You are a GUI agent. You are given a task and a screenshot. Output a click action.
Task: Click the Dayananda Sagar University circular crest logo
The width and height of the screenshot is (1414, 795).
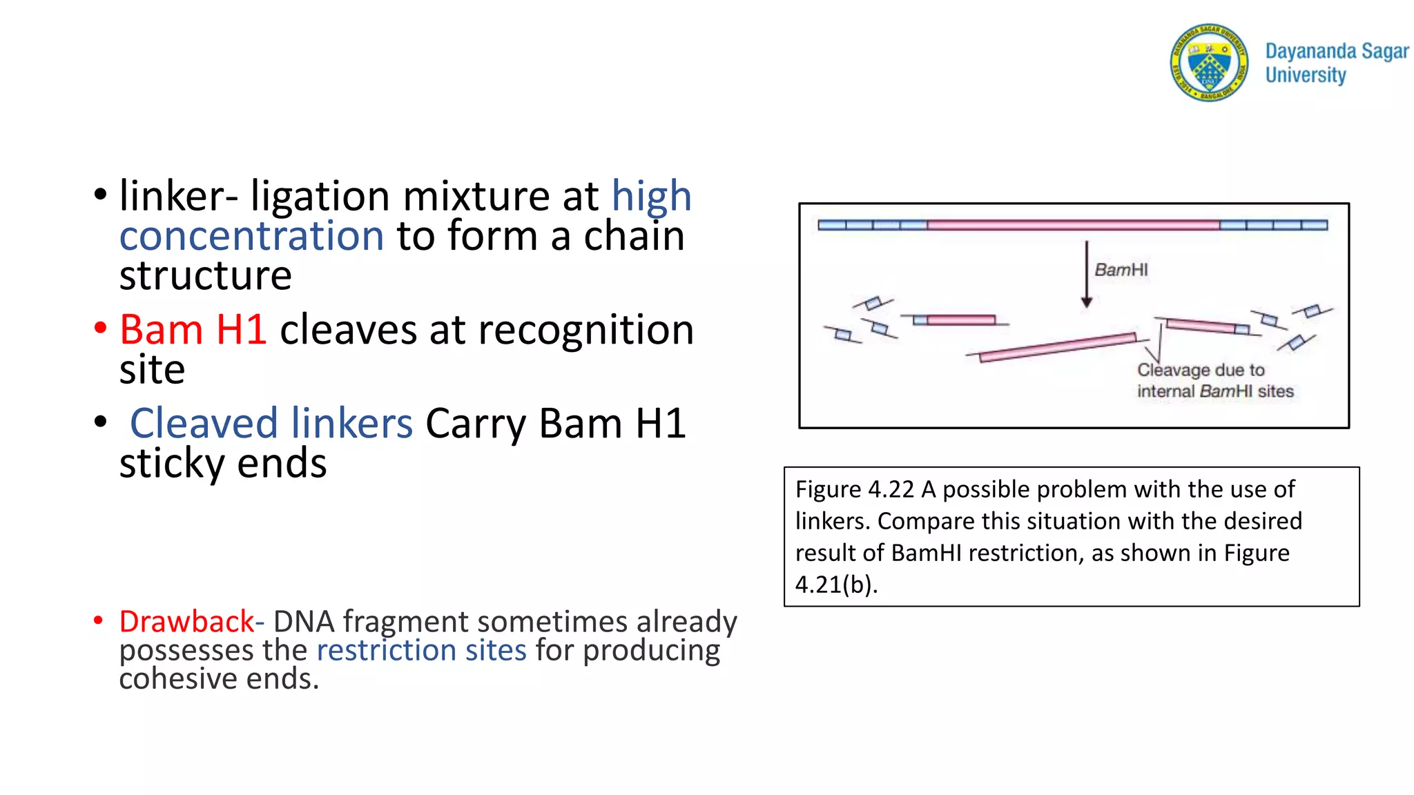1209,62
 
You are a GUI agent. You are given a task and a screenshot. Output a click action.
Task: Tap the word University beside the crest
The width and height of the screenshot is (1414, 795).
1305,75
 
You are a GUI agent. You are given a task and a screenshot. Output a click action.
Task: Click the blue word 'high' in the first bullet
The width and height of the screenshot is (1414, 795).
651,196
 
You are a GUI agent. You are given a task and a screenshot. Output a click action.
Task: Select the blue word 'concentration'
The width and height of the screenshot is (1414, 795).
251,236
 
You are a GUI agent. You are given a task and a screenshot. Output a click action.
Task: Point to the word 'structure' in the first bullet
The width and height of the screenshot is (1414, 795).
205,275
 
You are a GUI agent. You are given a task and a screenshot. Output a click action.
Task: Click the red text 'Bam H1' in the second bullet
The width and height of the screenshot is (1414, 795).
193,329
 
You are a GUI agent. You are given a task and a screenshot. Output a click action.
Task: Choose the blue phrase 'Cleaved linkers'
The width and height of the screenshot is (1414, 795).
271,423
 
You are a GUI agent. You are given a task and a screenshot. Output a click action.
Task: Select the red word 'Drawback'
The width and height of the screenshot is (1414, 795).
186,622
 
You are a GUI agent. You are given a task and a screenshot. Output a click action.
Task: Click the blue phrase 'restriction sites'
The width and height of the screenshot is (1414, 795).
421,650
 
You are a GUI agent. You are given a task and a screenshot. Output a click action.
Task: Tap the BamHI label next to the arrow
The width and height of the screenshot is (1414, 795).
1121,270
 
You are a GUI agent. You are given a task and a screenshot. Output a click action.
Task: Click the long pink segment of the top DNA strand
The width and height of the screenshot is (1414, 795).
1073,225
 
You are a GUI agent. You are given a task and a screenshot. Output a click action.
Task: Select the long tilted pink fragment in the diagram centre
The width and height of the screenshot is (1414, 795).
1057,347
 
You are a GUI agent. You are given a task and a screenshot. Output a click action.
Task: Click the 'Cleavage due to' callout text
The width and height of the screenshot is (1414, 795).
1201,370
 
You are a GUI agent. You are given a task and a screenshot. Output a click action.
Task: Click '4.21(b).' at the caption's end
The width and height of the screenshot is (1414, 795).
836,585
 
